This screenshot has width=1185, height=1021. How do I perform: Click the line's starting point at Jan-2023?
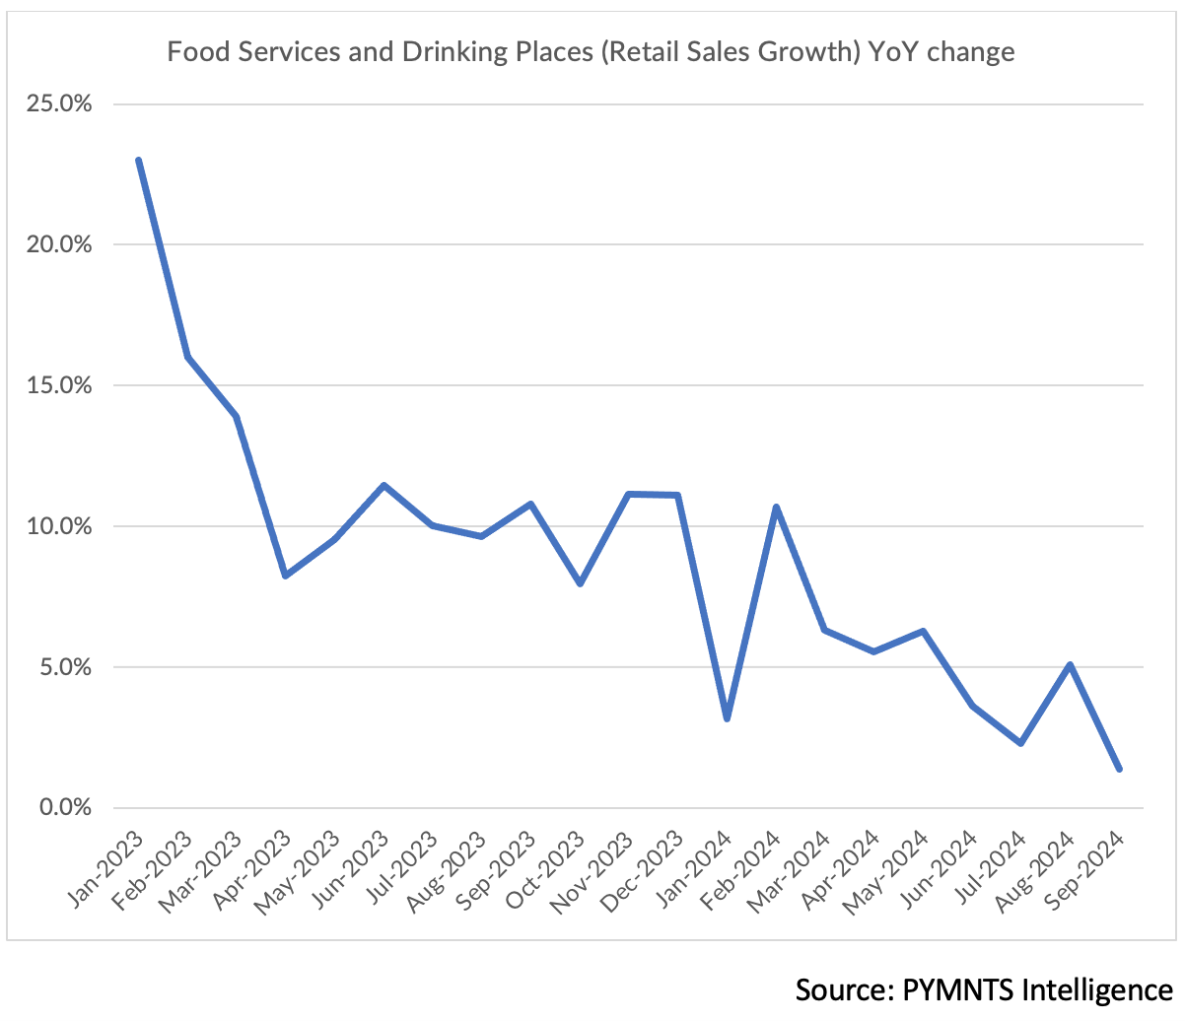tap(138, 160)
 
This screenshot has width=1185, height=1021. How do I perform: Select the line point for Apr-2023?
tap(285, 576)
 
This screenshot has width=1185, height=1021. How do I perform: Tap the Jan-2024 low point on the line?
tap(727, 718)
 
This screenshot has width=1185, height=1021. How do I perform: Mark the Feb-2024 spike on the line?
tap(776, 507)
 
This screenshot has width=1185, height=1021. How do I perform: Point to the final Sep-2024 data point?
tap(1119, 769)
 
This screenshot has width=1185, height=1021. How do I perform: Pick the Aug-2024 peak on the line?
tap(1070, 664)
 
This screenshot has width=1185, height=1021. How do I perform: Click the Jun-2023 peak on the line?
tap(383, 485)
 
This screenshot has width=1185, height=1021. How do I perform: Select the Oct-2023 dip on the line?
tap(580, 583)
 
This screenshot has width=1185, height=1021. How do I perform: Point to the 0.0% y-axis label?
tap(64, 808)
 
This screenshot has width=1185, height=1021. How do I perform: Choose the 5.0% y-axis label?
tap(64, 667)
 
